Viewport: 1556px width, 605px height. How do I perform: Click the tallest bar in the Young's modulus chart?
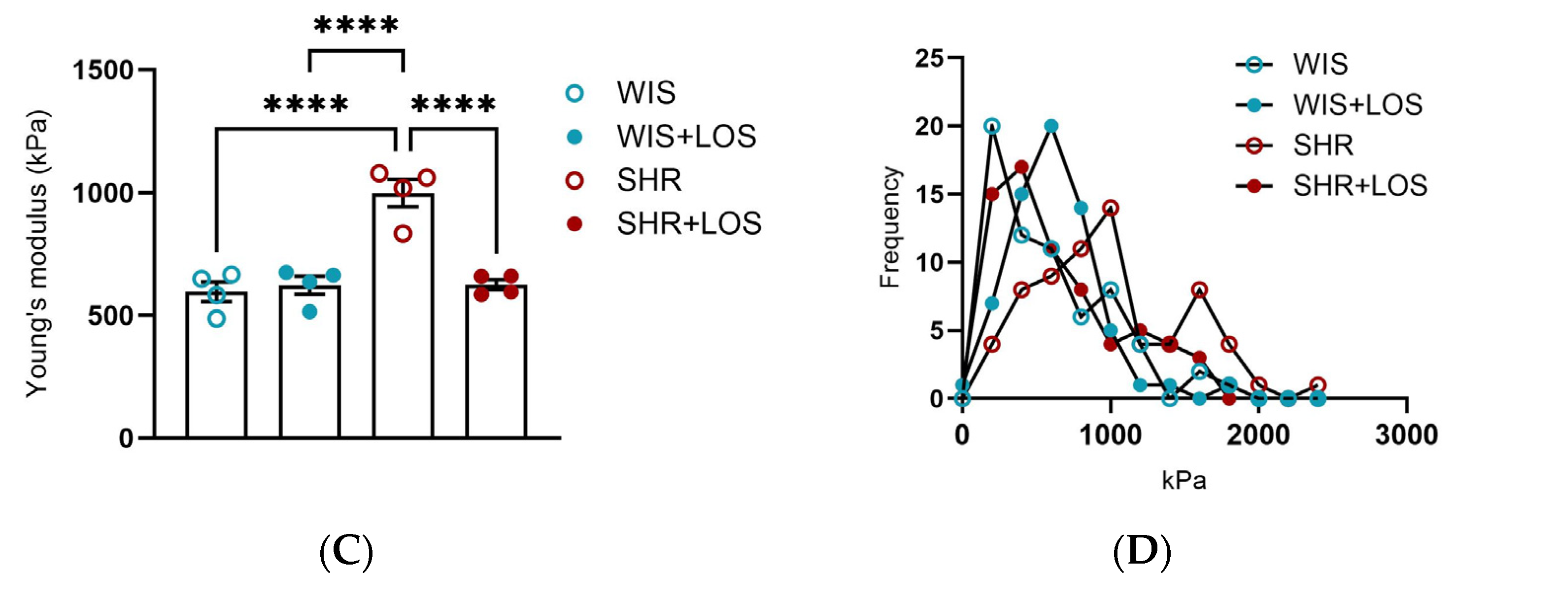[403, 314]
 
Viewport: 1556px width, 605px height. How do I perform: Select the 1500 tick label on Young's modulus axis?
[103, 70]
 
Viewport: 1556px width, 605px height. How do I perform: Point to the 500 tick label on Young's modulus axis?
[110, 316]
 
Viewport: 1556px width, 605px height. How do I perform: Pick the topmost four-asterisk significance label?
[356, 25]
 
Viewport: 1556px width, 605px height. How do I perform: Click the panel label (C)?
[346, 552]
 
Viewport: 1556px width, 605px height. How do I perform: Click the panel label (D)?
[1142, 552]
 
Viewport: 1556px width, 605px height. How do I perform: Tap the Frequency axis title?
[890, 227]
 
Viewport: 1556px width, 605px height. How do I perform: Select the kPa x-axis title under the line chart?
[1184, 480]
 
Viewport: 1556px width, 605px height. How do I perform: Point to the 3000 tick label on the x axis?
[1406, 435]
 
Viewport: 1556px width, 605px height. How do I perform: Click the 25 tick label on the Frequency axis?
[929, 59]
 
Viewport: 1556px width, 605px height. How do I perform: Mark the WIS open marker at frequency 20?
[992, 126]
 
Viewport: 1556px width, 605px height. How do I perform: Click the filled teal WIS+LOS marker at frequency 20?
[1051, 126]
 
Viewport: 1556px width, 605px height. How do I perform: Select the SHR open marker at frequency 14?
[1110, 209]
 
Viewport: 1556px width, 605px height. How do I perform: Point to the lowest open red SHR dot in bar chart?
[403, 234]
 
